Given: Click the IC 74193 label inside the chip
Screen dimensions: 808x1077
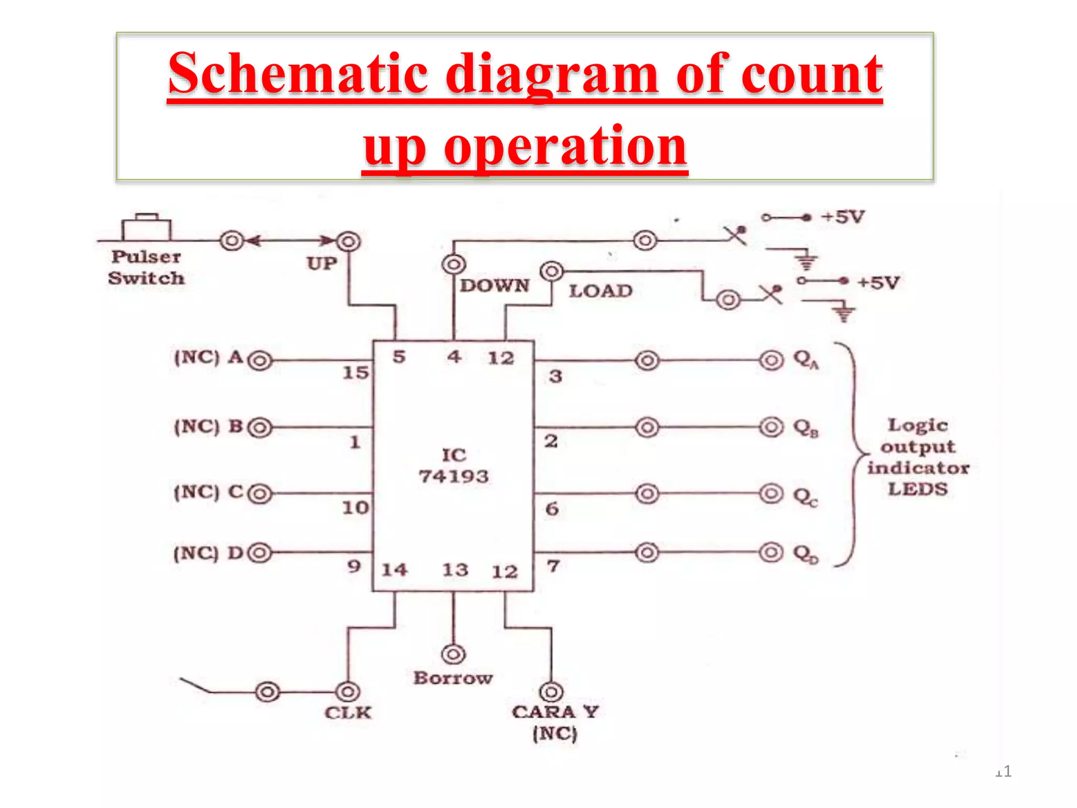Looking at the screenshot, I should [x=454, y=466].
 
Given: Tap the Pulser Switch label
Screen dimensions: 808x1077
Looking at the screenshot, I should [x=146, y=267].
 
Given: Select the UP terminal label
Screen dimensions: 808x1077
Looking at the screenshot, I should [x=322, y=263].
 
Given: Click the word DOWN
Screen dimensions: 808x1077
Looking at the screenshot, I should [x=494, y=286].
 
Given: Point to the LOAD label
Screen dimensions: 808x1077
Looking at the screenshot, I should [x=601, y=291].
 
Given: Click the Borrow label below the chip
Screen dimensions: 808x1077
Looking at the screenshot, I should [x=453, y=678].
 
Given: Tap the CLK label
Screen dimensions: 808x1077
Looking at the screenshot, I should [x=348, y=713].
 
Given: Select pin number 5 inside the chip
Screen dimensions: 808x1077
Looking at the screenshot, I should [x=399, y=357].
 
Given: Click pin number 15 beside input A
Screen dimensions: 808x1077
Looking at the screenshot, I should [x=355, y=373].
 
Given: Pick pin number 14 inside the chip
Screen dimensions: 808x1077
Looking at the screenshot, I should [x=394, y=570].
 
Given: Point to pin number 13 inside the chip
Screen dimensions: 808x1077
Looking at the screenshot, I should [x=455, y=570].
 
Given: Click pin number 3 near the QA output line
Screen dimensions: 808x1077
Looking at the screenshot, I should [x=555, y=376].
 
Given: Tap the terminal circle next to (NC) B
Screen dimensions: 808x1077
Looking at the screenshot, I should [x=260, y=428].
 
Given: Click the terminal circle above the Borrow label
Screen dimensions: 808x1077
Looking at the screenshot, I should [x=453, y=654].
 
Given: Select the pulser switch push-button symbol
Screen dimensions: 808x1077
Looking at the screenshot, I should [x=146, y=228].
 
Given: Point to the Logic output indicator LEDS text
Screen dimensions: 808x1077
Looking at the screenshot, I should [x=918, y=457].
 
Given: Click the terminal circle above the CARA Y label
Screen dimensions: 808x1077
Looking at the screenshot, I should [x=551, y=692].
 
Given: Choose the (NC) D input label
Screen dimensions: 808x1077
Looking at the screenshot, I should [x=208, y=553].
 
